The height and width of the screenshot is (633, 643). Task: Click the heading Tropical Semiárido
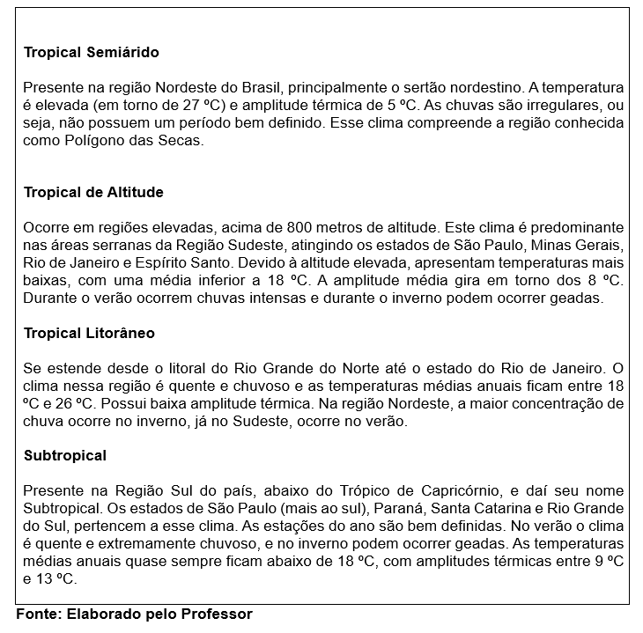[x=92, y=53]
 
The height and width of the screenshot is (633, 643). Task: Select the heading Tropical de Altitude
[x=93, y=192]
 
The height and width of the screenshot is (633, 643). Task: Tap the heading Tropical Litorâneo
[x=89, y=334]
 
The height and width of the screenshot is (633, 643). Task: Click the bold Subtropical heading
[x=65, y=456]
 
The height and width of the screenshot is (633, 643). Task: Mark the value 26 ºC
[x=70, y=403]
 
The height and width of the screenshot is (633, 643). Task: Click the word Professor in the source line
[x=218, y=614]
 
